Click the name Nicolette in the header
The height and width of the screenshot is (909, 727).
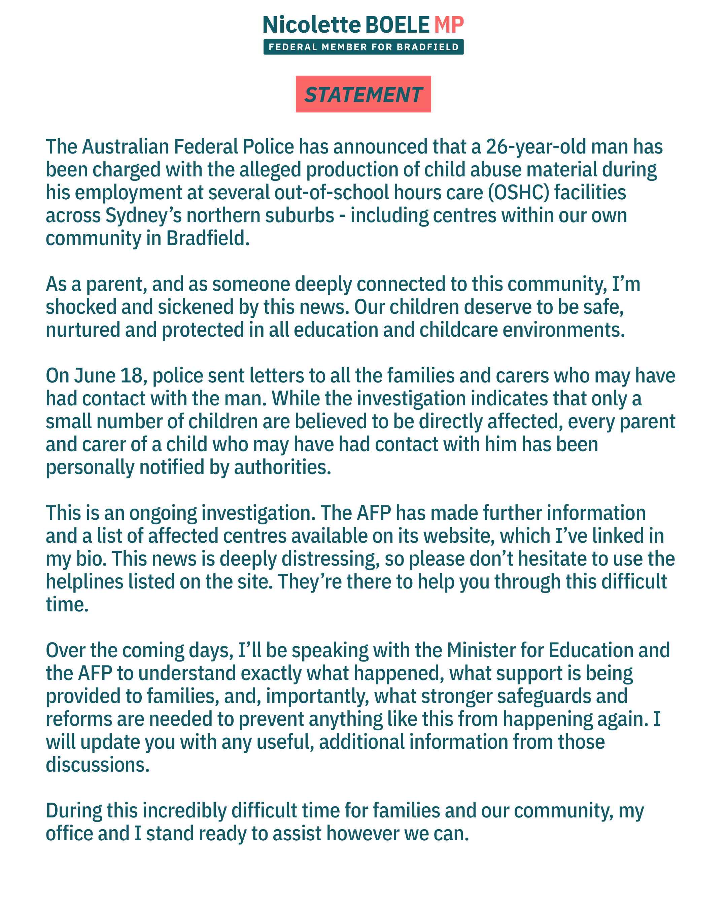click(311, 25)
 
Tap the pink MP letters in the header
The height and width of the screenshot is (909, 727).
click(449, 25)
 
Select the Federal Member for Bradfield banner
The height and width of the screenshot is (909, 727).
click(363, 47)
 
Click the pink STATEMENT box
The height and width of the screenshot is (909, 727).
click(363, 94)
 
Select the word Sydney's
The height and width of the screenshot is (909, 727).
click(143, 216)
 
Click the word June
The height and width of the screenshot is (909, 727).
click(95, 376)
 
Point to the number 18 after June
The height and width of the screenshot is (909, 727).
click(132, 376)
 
